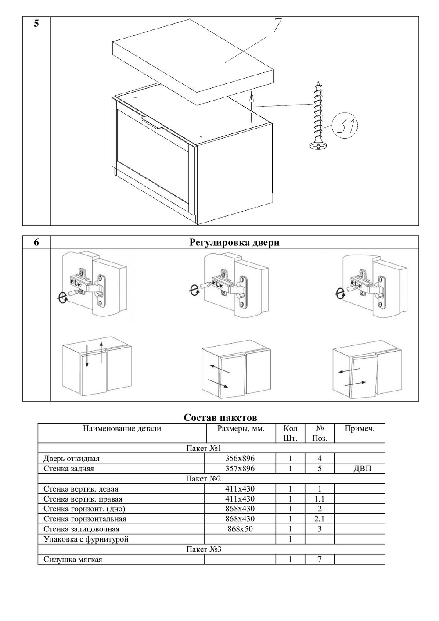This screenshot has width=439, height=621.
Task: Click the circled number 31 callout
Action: tap(345, 126)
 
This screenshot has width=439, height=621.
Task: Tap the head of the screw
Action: tap(316, 145)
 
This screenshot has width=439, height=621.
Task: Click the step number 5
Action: tap(36, 24)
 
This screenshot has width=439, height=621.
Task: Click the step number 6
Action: tap(36, 242)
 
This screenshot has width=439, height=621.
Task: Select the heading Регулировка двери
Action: tap(234, 242)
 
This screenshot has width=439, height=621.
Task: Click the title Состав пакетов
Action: tap(220, 417)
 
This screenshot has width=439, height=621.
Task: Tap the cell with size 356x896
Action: tap(240, 458)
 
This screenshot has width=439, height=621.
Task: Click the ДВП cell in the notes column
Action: tap(362, 468)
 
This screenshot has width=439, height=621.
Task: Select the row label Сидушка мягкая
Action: tap(73, 559)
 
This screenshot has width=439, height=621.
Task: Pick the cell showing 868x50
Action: tap(240, 529)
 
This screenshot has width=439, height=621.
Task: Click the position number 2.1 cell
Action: tap(319, 519)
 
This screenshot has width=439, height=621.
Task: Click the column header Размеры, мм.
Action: tap(241, 429)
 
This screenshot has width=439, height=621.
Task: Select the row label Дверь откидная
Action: tap(72, 458)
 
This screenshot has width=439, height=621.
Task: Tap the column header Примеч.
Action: tap(359, 429)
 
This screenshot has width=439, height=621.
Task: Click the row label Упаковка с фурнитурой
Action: tap(86, 539)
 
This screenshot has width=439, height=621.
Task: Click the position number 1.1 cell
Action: tap(319, 499)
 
